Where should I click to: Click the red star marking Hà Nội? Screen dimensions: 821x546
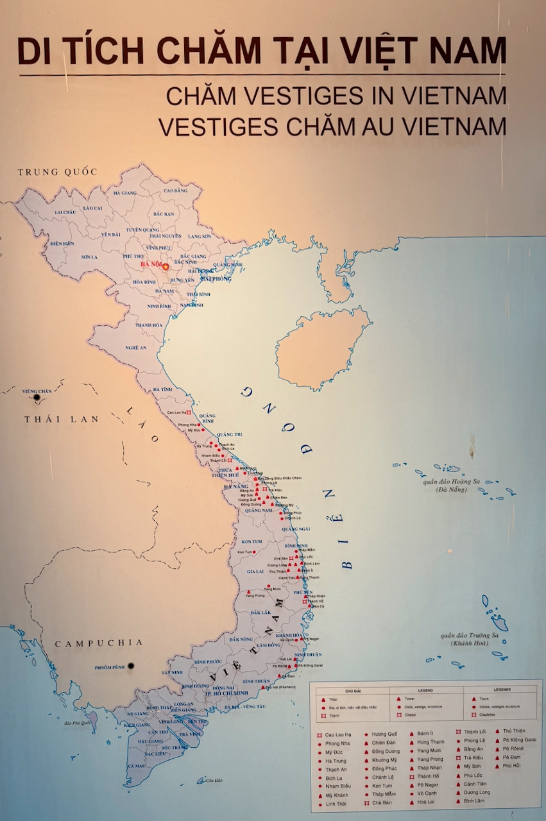pos(166,266)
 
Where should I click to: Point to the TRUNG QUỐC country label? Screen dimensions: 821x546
pos(58,172)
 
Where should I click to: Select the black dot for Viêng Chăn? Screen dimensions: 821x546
pos(37,398)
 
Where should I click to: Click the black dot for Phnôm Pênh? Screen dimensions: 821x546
pos(131,666)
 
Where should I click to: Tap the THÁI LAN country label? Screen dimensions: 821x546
pos(62,419)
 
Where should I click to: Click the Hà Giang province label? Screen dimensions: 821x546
pos(126,192)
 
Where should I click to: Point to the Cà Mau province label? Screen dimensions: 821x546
pos(136,765)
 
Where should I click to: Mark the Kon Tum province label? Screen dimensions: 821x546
pos(252,541)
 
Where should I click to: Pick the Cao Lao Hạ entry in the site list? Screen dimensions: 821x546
pos(338,734)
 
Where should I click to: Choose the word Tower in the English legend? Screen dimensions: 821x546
pos(409,698)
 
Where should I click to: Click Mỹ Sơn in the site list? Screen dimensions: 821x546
pos(472,766)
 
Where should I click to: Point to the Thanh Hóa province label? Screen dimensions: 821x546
pos(148,325)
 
